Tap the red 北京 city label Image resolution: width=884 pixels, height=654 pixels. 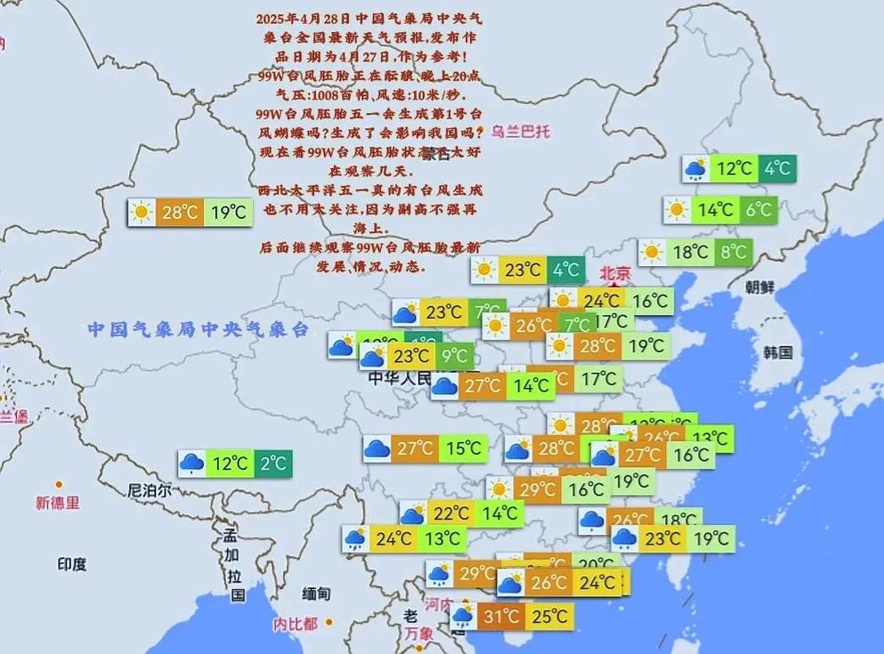click(614, 273)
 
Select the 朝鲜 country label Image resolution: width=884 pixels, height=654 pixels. click(760, 287)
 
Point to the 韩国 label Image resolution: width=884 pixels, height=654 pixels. click(777, 351)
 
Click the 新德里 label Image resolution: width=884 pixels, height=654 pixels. click(57, 503)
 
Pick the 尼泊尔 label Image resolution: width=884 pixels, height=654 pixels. click(150, 490)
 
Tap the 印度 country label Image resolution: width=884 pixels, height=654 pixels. click(72, 563)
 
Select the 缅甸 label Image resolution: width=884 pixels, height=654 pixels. click(316, 593)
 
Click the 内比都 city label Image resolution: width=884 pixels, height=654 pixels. click(295, 624)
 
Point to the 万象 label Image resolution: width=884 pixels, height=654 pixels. click(418, 634)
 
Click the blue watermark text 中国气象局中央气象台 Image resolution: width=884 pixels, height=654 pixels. click(197, 329)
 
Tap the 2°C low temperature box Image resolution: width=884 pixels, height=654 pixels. click(273, 463)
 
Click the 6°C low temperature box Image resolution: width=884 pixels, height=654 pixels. click(758, 210)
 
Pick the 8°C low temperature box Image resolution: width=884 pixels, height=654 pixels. click(734, 252)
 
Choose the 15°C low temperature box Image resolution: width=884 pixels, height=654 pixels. click(463, 448)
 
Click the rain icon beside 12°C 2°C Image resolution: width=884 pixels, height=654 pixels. click(191, 463)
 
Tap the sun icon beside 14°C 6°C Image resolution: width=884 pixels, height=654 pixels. click(677, 210)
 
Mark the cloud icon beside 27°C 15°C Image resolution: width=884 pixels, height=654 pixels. click(377, 448)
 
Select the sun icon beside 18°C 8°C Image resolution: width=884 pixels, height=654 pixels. click(653, 252)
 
